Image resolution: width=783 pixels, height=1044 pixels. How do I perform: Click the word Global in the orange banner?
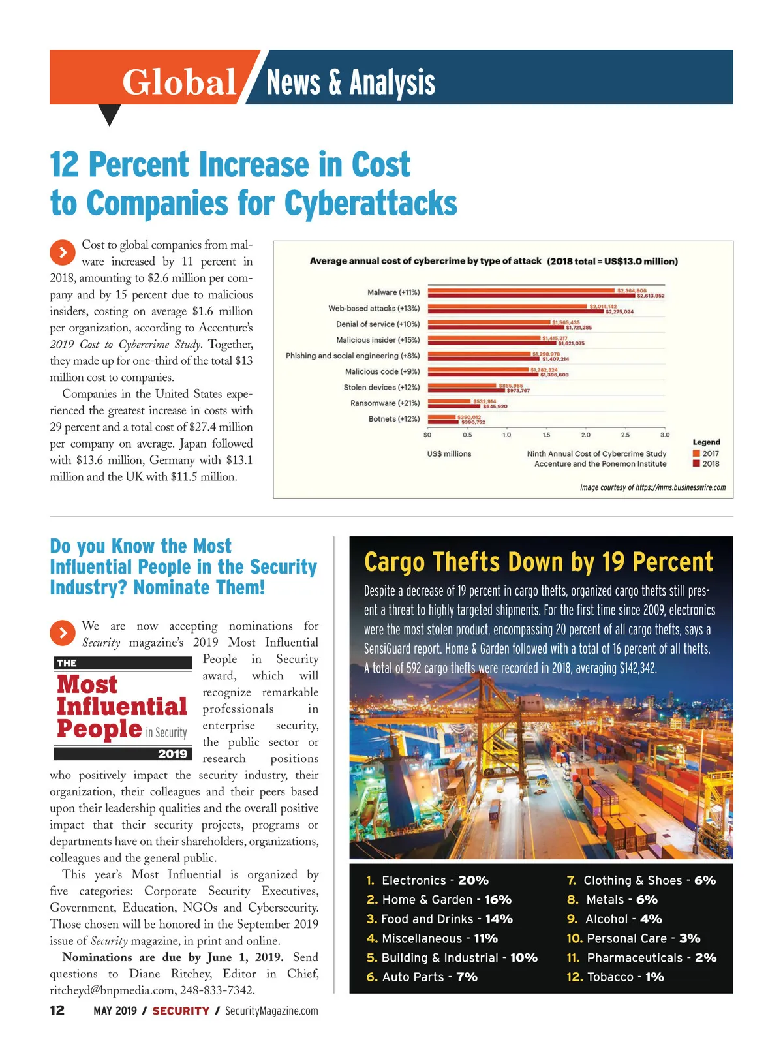(x=179, y=83)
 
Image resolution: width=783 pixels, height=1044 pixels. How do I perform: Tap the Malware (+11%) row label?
(x=393, y=292)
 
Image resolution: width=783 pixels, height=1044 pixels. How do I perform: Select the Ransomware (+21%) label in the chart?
(x=385, y=403)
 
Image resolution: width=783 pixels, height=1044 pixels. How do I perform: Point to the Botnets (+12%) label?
(x=394, y=419)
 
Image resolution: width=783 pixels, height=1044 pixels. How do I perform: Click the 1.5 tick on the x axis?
(x=546, y=435)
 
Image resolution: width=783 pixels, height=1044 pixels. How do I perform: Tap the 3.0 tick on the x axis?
(x=664, y=435)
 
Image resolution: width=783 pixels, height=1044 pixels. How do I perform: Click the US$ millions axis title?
(x=449, y=454)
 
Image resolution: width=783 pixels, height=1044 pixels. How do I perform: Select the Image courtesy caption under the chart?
(x=652, y=487)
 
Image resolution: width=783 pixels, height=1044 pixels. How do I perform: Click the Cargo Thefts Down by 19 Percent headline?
(x=538, y=562)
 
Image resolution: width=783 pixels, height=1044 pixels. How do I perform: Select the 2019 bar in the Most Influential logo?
(x=123, y=754)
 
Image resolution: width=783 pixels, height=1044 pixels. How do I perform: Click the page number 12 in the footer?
(x=57, y=1011)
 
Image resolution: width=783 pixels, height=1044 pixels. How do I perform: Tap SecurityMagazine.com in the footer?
(x=271, y=1011)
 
